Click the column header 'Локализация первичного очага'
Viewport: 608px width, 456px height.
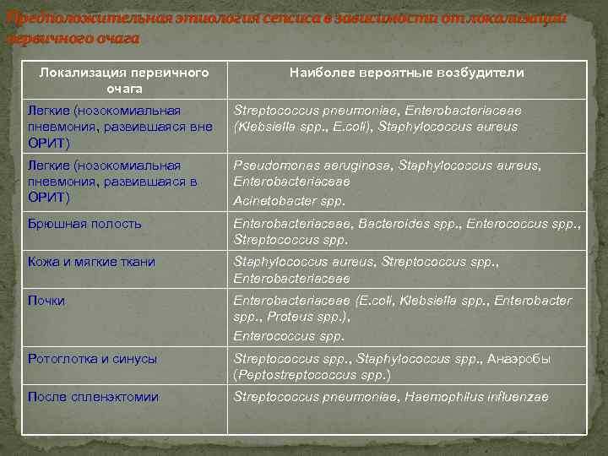[124, 80]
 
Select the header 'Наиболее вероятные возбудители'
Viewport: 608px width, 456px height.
[406, 73]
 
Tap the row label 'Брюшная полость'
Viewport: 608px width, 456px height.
[84, 224]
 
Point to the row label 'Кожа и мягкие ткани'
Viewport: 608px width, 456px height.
[91, 262]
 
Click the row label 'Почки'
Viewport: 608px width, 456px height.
[46, 301]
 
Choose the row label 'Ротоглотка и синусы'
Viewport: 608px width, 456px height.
[92, 359]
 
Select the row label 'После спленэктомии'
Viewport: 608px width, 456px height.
[93, 397]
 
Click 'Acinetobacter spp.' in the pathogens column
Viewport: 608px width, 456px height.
[289, 202]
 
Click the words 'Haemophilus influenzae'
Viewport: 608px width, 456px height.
[479, 397]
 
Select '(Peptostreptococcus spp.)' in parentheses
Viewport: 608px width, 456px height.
[312, 374]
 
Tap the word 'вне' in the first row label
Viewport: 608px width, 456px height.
[202, 126]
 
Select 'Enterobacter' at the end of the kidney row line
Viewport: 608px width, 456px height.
[533, 301]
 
